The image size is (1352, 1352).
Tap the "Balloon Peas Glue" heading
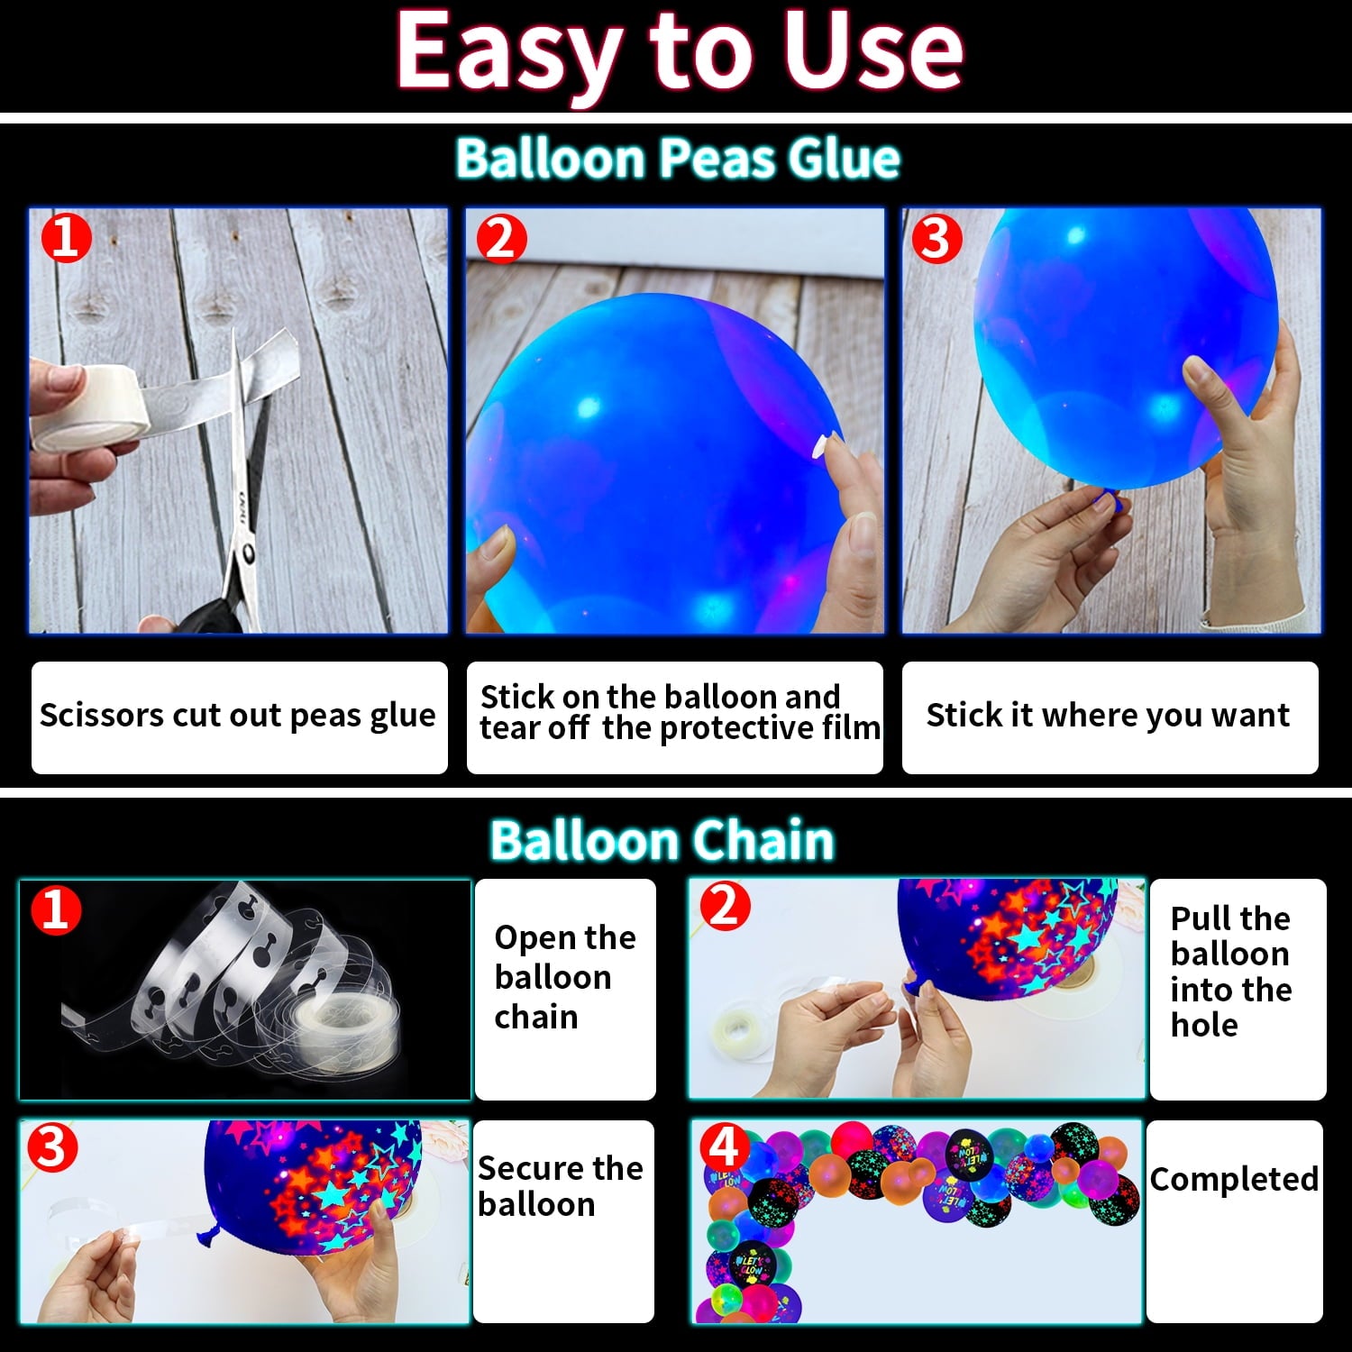click(678, 159)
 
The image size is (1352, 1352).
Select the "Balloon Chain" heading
click(662, 841)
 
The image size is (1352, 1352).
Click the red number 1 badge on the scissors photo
click(66, 239)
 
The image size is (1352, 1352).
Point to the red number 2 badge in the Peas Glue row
click(501, 239)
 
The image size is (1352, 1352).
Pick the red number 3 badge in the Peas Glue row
click(936, 239)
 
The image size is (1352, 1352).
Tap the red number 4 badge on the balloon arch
click(726, 1147)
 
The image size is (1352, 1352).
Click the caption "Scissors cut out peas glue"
click(238, 716)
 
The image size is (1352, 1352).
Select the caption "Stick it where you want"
click(1108, 716)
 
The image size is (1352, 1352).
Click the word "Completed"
click(1234, 1179)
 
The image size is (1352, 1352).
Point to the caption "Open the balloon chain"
click(565, 977)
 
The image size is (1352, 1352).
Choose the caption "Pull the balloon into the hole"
click(1231, 972)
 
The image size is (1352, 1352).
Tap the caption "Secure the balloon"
click(560, 1186)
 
